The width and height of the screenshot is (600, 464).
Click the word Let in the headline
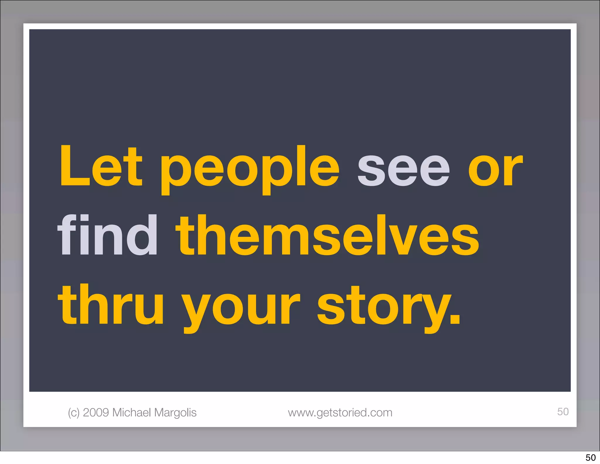click(101, 167)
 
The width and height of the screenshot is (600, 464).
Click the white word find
click(108, 235)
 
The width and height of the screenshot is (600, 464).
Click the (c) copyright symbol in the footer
click(74, 413)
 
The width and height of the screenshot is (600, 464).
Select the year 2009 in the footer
click(96, 412)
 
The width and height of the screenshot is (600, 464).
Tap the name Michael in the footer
click(132, 412)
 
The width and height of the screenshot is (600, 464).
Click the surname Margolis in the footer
click(175, 413)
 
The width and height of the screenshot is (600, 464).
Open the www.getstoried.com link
click(340, 413)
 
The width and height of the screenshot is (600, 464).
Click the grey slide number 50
click(563, 411)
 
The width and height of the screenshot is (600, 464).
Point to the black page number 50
click(591, 458)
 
